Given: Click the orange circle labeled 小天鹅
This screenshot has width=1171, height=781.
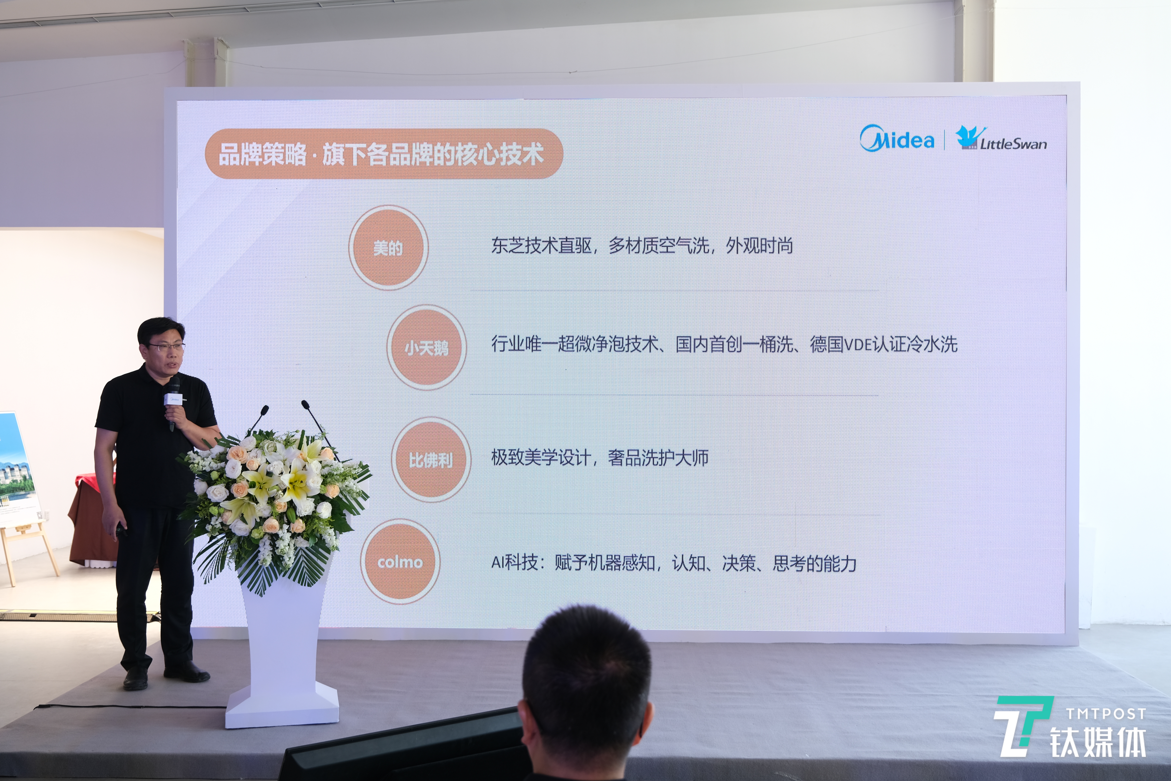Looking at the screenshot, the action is tap(427, 347).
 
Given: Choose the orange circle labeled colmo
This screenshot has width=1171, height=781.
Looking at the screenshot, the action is tap(400, 561).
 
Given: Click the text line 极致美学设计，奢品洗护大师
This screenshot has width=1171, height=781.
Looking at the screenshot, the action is tap(599, 457).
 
